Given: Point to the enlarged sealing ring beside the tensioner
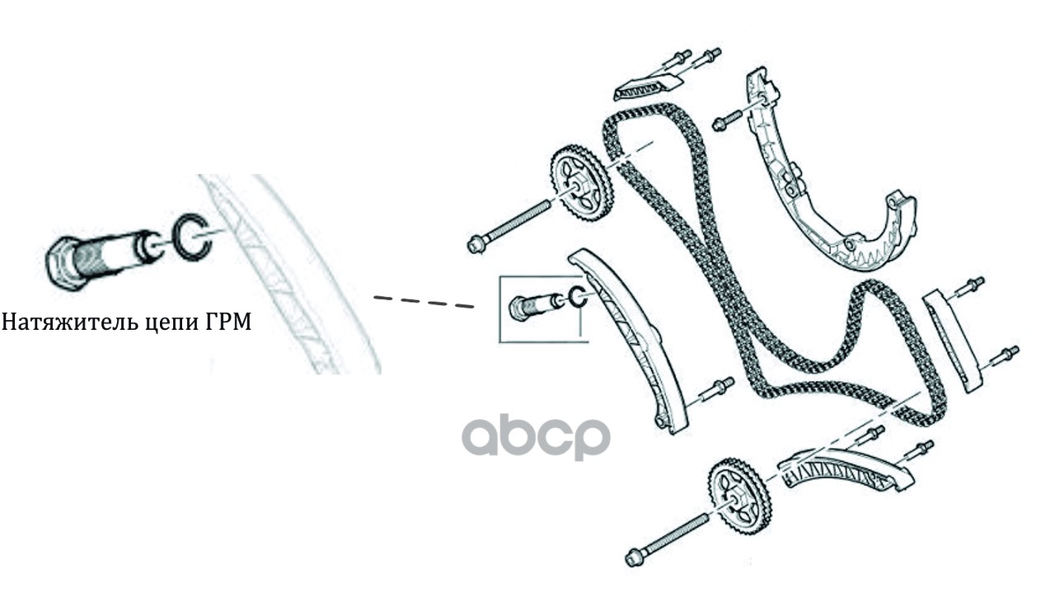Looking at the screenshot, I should [190, 238].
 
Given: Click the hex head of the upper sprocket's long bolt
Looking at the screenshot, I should [476, 243].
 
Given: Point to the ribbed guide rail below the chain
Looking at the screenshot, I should [844, 475].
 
